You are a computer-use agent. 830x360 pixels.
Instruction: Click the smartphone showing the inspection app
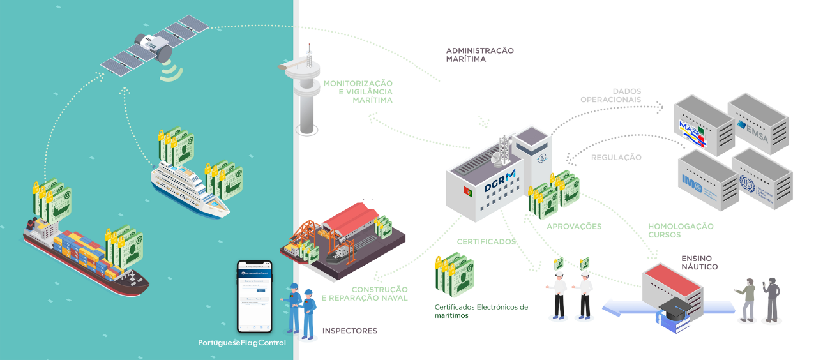(255, 296)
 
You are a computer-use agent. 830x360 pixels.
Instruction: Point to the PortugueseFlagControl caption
(242, 343)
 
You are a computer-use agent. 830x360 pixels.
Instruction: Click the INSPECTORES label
(350, 331)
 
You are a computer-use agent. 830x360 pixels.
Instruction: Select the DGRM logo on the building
(499, 182)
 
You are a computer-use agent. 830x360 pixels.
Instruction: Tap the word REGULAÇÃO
(616, 157)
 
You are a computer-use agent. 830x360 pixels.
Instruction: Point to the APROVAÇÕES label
(574, 226)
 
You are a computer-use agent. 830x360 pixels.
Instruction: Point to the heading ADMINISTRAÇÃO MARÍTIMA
(479, 54)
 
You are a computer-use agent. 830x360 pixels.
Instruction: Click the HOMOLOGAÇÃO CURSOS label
(681, 230)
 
